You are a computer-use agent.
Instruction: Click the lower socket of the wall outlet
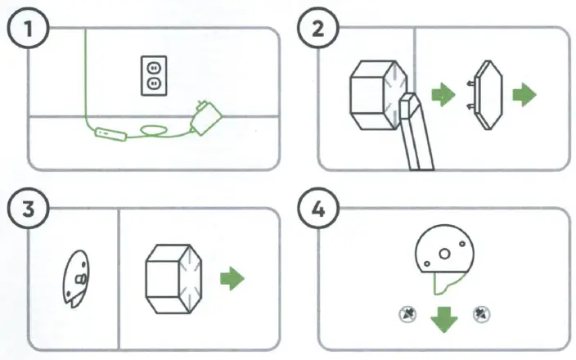pos(152,83)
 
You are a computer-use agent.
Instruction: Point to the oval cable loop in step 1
pos(151,129)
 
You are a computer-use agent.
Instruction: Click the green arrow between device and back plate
pos(443,96)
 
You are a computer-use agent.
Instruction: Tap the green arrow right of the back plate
pos(524,96)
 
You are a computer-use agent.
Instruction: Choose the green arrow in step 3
pos(232,278)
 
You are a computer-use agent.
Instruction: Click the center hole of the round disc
pos(444,254)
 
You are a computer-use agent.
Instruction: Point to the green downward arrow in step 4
pos(444,317)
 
